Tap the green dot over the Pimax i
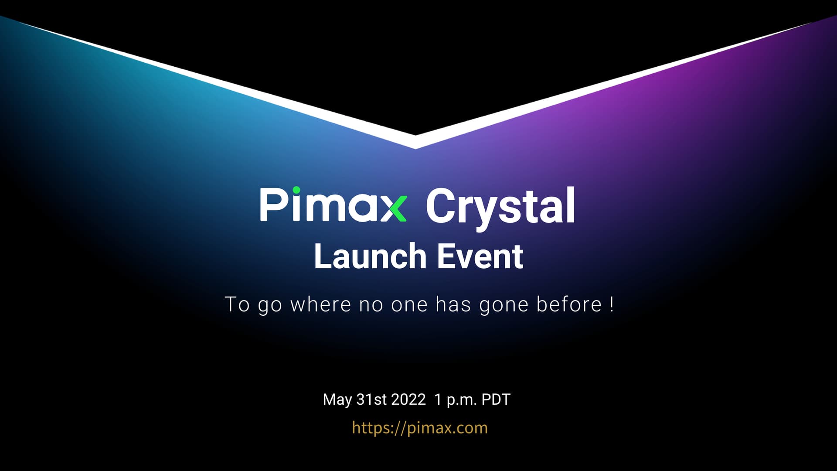click(296, 191)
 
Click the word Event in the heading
click(480, 256)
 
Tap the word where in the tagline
click(320, 304)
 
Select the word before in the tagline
click(569, 304)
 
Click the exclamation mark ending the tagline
click(612, 304)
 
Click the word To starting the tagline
click(237, 304)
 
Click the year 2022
click(408, 399)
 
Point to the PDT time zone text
click(496, 399)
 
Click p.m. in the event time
click(462, 401)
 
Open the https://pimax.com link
click(420, 428)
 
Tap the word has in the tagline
click(453, 304)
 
